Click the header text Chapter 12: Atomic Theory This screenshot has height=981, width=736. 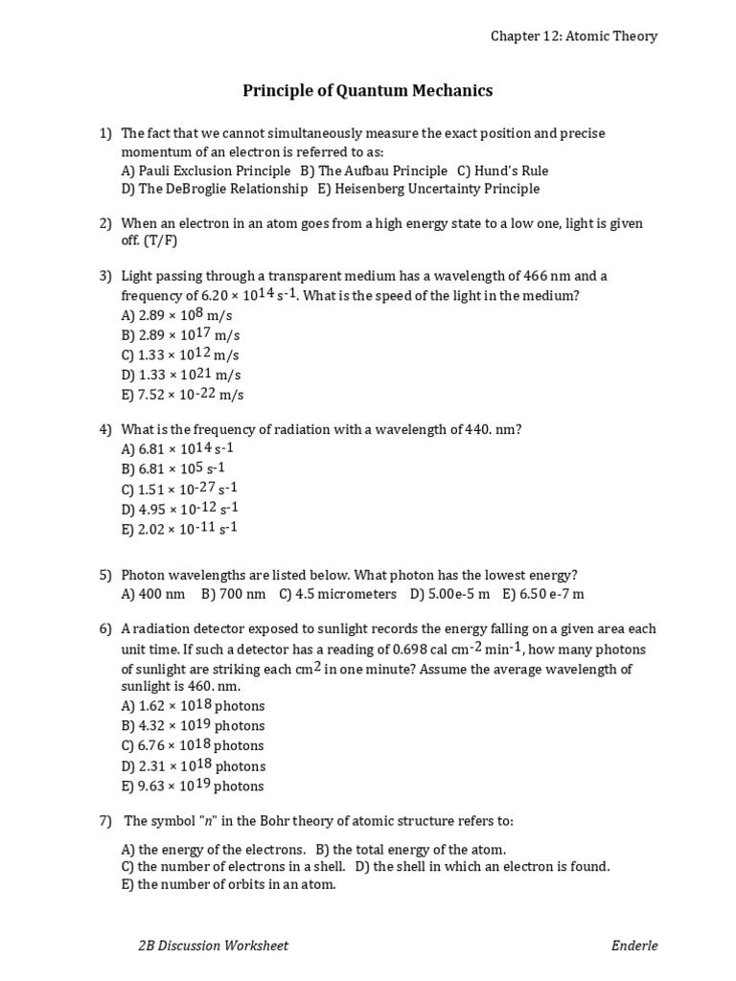pyautogui.click(x=574, y=36)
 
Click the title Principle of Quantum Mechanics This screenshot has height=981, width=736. pyautogui.click(x=367, y=91)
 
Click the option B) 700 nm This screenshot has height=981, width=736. pyautogui.click(x=234, y=594)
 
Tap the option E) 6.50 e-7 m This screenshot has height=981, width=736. pyautogui.click(x=543, y=594)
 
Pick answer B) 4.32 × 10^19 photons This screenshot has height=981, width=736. pyautogui.click(x=193, y=725)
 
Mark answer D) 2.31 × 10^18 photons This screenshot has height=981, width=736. pyautogui.click(x=193, y=765)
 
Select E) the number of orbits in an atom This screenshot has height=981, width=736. pyautogui.click(x=228, y=885)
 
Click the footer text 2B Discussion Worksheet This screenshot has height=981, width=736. pyautogui.click(x=214, y=946)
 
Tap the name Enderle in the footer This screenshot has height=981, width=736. pyautogui.click(x=634, y=946)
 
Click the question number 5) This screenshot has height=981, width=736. pyautogui.click(x=105, y=575)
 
